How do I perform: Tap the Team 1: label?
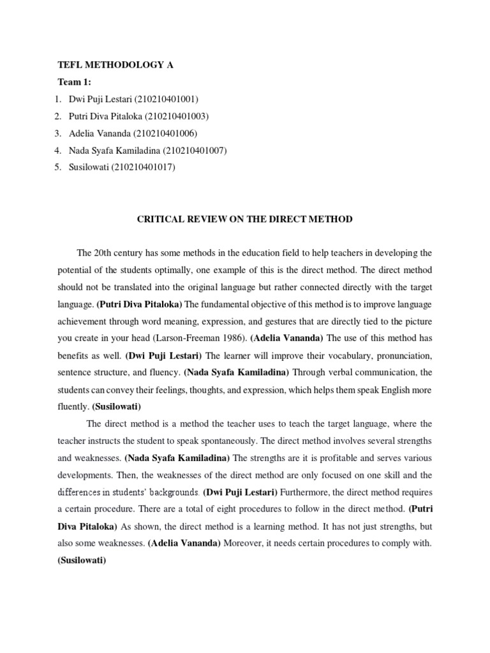(x=74, y=82)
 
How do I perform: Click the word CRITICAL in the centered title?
(x=162, y=219)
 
